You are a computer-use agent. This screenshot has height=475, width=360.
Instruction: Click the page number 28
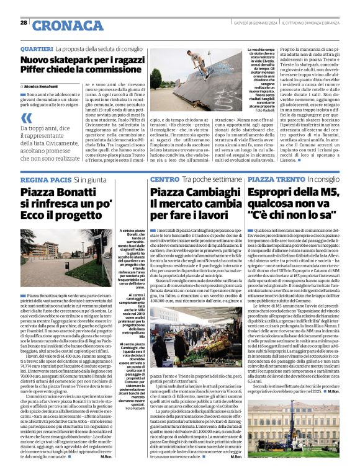pyautogui.click(x=23, y=22)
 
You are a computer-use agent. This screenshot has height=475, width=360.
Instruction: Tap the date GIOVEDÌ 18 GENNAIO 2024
pyautogui.click(x=250, y=22)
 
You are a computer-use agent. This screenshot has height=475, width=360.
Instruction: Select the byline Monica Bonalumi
pyautogui.click(x=45, y=85)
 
